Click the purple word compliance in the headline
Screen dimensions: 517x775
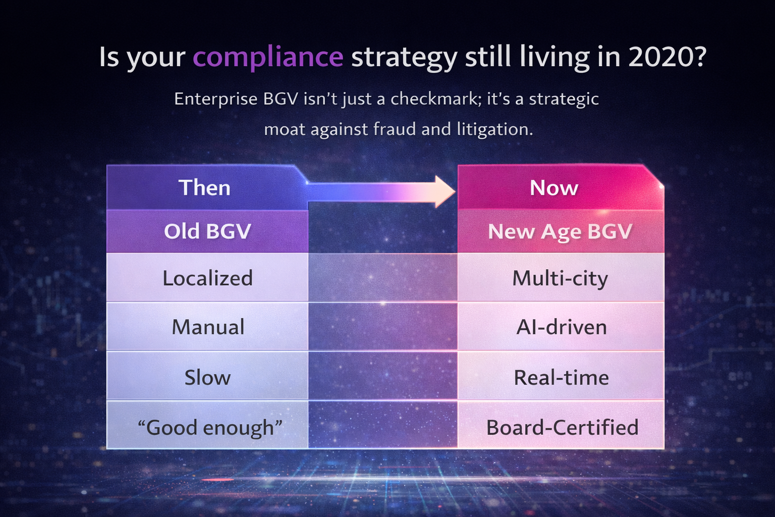pos(268,57)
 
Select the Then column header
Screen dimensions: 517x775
pos(204,188)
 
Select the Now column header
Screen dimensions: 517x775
pos(554,188)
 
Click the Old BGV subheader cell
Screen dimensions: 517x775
pos(207,231)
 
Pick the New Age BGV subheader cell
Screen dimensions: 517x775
pos(560,231)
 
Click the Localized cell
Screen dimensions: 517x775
pos(207,278)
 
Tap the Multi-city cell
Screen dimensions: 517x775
pos(560,278)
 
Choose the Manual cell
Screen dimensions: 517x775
pos(207,327)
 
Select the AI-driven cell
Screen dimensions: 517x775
pos(561,327)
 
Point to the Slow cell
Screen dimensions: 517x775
pos(207,377)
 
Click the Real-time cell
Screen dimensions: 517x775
pos(561,377)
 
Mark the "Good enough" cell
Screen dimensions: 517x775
pos(209,427)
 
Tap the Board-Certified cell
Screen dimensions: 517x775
pos(562,427)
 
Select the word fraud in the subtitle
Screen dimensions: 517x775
pos(394,129)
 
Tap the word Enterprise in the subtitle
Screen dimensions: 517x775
pos(215,98)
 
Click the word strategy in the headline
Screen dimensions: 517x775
pos(404,57)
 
